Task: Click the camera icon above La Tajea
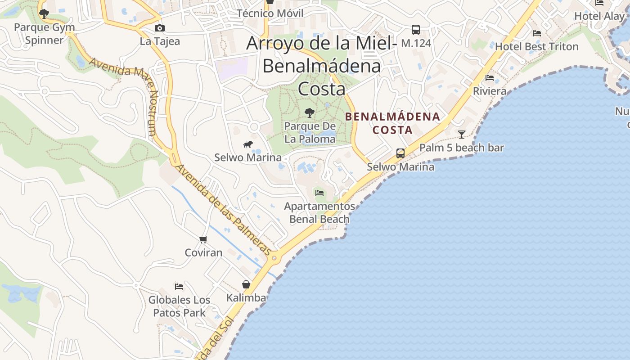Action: [x=159, y=28]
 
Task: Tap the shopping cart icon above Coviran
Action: [x=203, y=239]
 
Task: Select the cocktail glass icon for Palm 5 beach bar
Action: [x=462, y=134]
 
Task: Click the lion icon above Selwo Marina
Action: [x=248, y=144]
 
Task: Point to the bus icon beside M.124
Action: [x=416, y=30]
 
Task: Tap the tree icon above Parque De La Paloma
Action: [x=310, y=113]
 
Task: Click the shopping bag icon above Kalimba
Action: [x=246, y=284]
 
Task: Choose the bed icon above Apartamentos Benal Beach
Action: [x=319, y=193]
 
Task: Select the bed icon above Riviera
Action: [x=490, y=78]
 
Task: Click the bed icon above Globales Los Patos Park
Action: [x=179, y=287]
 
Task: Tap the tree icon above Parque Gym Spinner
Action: [x=44, y=14]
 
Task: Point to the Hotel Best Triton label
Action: [x=537, y=46]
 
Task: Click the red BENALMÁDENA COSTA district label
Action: [x=392, y=123]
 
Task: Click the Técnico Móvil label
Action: [x=270, y=13]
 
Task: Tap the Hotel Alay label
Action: [x=599, y=16]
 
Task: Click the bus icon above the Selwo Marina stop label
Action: [x=400, y=153]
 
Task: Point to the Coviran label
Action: [x=204, y=252]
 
